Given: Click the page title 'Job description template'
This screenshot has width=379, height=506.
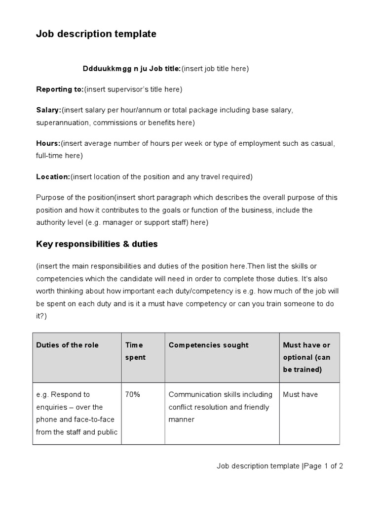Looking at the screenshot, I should click(x=96, y=34).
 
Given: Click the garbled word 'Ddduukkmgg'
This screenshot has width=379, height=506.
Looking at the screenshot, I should click(x=104, y=69).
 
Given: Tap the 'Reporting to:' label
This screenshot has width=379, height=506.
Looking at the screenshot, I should click(x=60, y=89).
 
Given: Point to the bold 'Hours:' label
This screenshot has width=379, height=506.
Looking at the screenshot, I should click(x=48, y=143).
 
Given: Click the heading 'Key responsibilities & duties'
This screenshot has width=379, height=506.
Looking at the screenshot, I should click(x=97, y=244).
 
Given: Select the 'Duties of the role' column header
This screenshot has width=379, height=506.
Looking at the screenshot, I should click(x=67, y=345).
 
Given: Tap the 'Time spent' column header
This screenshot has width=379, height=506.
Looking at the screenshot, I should click(x=135, y=351).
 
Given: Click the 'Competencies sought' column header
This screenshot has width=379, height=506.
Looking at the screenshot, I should click(x=208, y=345).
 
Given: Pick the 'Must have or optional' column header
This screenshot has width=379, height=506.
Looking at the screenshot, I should click(x=306, y=357).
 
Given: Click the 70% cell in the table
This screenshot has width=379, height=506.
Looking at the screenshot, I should click(x=133, y=394).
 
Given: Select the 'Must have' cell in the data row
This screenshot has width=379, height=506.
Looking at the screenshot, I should click(x=300, y=394).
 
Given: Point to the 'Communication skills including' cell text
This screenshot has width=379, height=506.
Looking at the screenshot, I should click(x=220, y=394).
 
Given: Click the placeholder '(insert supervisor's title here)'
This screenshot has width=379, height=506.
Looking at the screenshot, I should click(x=133, y=89).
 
